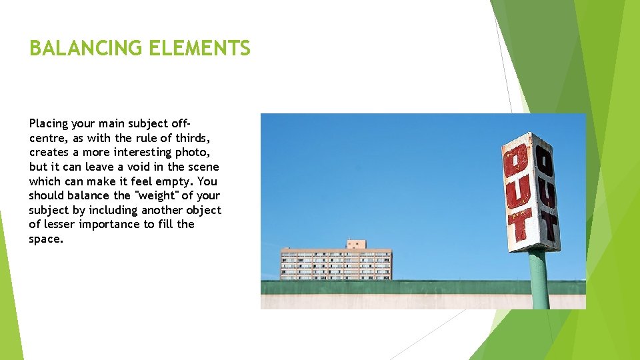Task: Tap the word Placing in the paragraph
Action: (47, 123)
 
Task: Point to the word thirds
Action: (193, 138)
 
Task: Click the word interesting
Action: (131, 153)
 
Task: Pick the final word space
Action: (46, 239)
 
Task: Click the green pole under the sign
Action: (539, 280)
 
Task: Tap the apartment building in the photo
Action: (335, 264)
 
